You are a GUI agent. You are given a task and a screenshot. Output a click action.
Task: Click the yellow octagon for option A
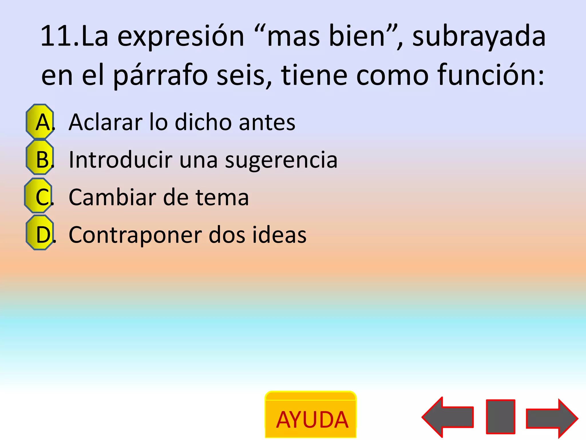point(40,121)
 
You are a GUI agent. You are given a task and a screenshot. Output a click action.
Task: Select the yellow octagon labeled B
point(40,158)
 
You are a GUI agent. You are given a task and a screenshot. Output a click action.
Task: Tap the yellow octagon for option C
point(39,195)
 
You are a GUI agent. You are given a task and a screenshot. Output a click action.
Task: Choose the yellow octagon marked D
point(40,233)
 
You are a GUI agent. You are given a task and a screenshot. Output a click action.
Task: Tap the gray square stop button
point(500,417)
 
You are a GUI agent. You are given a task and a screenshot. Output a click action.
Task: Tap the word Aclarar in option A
point(106,122)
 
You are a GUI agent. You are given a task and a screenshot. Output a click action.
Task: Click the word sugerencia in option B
point(281,160)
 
